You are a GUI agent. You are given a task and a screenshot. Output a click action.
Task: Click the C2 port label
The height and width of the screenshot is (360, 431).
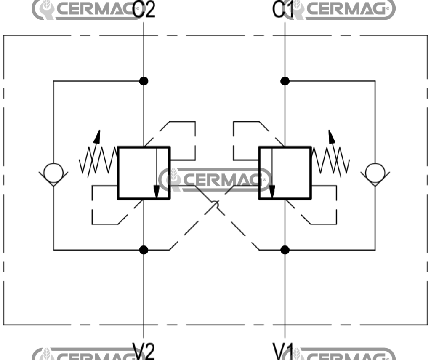(x=144, y=10)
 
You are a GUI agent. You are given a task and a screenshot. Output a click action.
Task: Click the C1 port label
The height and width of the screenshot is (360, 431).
(x=283, y=10)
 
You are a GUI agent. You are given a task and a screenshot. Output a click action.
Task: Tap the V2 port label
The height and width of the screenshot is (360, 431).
(x=144, y=351)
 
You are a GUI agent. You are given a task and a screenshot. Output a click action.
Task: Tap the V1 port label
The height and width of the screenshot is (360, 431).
(x=283, y=351)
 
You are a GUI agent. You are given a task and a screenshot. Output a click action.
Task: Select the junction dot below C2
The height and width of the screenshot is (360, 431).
(x=144, y=81)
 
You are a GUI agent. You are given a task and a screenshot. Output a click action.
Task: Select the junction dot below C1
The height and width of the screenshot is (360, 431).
(x=285, y=81)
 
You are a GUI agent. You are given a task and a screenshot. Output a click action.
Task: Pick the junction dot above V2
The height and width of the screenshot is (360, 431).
(x=144, y=250)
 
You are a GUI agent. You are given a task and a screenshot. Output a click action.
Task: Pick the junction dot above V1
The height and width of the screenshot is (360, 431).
(x=285, y=250)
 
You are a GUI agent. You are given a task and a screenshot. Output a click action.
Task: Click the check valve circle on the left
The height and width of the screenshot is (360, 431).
(x=53, y=172)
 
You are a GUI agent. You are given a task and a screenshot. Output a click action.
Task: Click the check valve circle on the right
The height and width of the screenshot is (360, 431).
(x=375, y=172)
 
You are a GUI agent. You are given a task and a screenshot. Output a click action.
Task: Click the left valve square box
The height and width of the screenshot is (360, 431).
(x=143, y=173)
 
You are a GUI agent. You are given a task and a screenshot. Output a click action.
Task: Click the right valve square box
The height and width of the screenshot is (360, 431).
(x=285, y=173)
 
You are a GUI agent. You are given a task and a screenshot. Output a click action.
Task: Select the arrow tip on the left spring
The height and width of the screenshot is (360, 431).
(x=98, y=133)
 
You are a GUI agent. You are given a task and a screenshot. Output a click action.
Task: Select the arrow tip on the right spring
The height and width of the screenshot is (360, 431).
(x=330, y=133)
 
